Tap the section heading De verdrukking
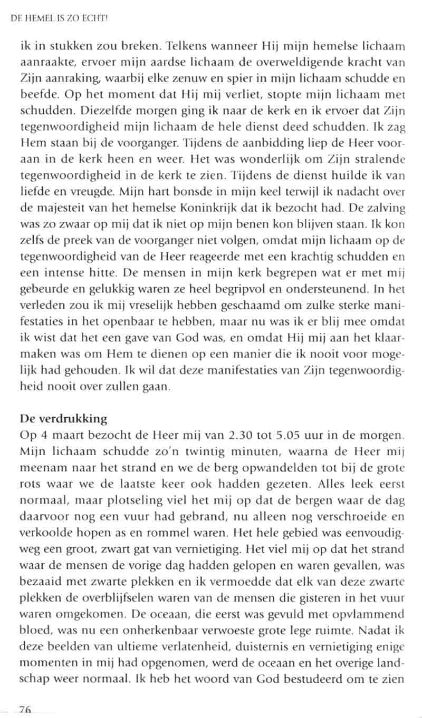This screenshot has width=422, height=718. coord(63,419)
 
